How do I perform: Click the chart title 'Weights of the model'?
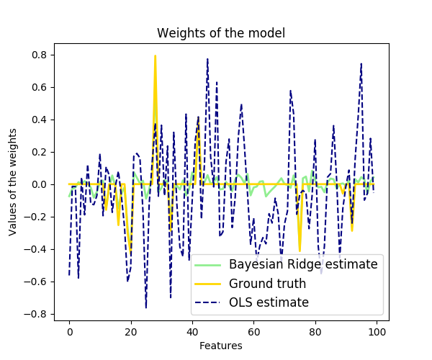(221, 32)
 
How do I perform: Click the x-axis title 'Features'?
(221, 346)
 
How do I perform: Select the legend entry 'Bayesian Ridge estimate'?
(303, 264)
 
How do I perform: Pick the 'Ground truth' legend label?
(268, 283)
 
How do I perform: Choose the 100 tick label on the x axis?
(377, 332)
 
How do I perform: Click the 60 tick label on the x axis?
(254, 332)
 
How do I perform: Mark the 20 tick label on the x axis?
(131, 332)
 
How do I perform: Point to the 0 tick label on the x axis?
(69, 332)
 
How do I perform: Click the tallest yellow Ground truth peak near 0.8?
(155, 56)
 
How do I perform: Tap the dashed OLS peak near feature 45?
(207, 59)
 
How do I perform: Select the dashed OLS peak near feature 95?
(361, 63)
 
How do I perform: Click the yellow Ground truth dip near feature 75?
(300, 249)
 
